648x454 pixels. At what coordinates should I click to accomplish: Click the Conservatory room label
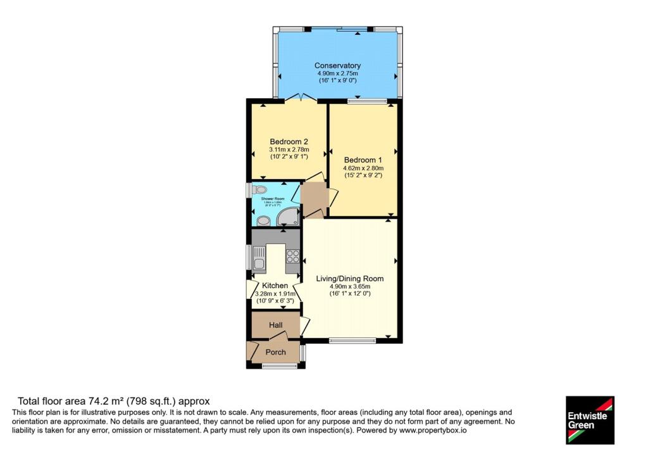(x=338, y=66)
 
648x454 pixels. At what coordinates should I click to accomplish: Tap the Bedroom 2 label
(x=289, y=141)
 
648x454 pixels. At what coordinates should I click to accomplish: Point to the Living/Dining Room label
(x=350, y=279)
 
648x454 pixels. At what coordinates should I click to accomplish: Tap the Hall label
(x=275, y=325)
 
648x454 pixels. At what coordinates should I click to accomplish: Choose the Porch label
(x=275, y=352)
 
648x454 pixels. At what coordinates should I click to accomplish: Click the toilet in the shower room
(x=260, y=189)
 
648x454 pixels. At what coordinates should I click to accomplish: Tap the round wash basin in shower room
(x=263, y=221)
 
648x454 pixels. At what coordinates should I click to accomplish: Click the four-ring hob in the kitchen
(x=293, y=256)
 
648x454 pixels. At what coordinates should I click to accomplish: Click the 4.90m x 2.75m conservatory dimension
(x=338, y=74)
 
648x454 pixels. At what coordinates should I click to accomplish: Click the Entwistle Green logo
(x=589, y=420)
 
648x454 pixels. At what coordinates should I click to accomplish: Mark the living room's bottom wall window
(x=352, y=341)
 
